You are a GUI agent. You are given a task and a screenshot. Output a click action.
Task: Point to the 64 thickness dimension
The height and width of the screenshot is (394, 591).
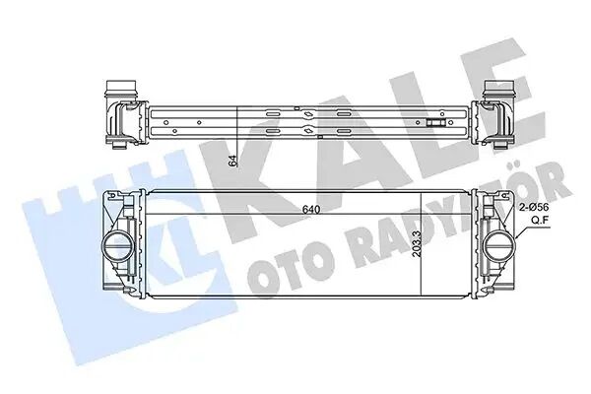pos(233,163)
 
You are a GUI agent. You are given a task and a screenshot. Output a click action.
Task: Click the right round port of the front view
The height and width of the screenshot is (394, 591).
pos(495,244)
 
